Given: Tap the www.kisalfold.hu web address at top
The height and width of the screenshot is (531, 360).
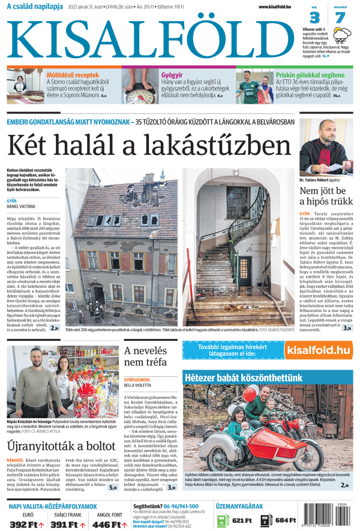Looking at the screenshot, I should click(278, 7).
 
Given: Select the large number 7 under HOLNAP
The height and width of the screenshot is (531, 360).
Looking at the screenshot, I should click(340, 17).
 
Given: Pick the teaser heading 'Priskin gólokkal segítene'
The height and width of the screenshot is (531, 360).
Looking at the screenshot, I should click(303, 75).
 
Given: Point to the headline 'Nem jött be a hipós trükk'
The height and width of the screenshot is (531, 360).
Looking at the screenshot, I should click(326, 196).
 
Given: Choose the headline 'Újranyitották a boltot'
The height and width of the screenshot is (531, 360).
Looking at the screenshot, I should click(61, 446).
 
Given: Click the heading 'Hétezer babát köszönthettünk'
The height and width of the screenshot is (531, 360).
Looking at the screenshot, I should click(243, 378).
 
